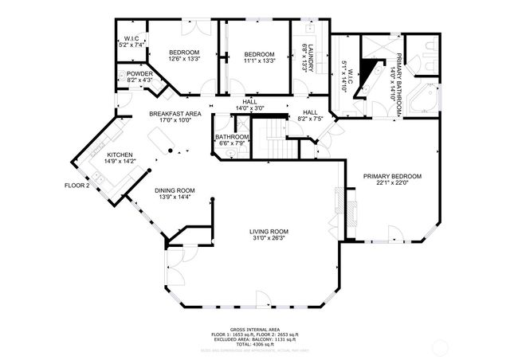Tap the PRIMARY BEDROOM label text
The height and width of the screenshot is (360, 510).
392,176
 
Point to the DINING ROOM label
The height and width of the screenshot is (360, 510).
175,190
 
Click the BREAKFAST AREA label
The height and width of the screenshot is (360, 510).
175,115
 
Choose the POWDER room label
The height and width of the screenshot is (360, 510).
139,74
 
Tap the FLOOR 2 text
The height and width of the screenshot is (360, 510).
77,186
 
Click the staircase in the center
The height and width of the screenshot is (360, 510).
275,139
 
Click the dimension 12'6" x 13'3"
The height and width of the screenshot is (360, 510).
183,58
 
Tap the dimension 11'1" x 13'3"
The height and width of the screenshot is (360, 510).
259,61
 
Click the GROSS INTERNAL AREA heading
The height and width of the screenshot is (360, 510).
254,329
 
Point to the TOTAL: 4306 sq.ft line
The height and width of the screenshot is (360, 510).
255,343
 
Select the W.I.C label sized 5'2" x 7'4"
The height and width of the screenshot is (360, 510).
131,41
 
